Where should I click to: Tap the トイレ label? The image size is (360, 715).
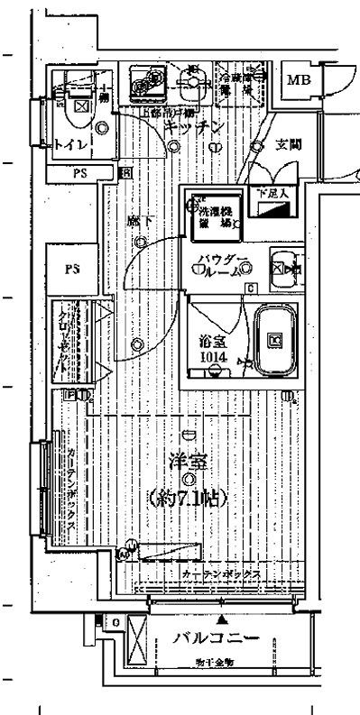[68, 144]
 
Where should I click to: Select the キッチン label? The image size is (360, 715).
[193, 129]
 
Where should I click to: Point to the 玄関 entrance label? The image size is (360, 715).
[288, 144]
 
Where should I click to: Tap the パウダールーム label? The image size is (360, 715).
[221, 265]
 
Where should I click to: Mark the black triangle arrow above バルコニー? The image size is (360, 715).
[222, 621]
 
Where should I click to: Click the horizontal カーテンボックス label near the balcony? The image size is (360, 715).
[220, 574]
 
